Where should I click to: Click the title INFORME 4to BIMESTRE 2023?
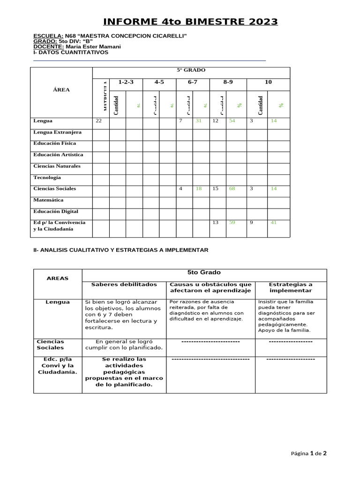[190, 22]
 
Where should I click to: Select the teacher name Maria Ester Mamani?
[94, 47]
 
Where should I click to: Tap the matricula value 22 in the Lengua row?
[98, 121]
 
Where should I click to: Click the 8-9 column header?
[228, 82]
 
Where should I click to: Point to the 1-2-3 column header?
[126, 82]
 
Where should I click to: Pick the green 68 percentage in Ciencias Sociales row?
[232, 189]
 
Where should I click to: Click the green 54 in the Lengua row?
[232, 121]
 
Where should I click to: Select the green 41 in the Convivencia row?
[274, 223]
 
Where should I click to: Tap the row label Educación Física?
[54, 143]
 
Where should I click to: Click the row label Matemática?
[48, 200]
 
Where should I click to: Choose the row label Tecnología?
[47, 178]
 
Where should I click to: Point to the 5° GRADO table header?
[191, 70]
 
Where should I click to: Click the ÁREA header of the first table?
[61, 90]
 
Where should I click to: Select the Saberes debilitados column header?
[124, 285]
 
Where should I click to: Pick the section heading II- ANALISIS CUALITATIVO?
[120, 250]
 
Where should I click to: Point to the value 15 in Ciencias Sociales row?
[216, 189]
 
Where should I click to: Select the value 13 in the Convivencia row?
[216, 223]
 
